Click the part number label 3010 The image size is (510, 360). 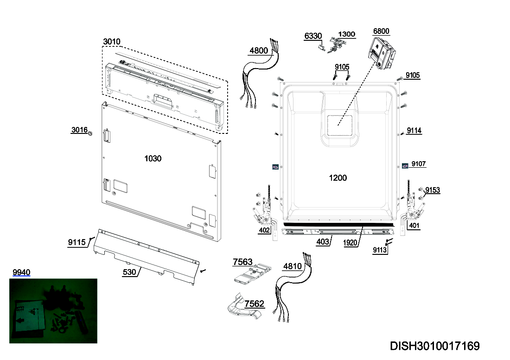coord(112,42)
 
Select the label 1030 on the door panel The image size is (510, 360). coord(153,158)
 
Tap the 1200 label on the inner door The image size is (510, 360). coord(338,178)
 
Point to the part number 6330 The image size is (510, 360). coord(313,36)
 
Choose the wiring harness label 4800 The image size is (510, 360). coord(259,51)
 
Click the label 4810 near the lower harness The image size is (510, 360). coord(293,266)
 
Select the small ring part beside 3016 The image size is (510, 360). coord(90,133)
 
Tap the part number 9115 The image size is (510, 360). coord(77,242)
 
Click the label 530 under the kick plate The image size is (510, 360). coord(129,272)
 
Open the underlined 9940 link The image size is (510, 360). coord(21,272)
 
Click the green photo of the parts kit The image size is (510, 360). coord(53,311)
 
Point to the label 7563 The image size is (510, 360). coord(242,262)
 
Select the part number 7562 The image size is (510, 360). coord(255,304)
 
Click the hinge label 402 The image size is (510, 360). coord(264,230)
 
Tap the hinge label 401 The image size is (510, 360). coord(414,226)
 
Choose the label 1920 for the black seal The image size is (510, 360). coord(350,243)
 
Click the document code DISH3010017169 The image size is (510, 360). coord(435,346)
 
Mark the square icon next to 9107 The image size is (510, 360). coord(405,166)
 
